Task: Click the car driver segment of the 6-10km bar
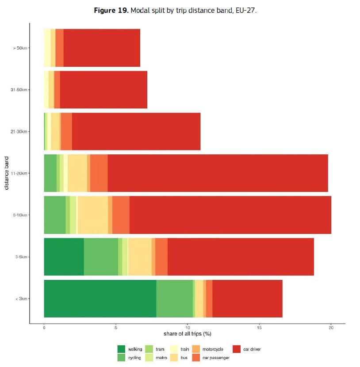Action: click(x=230, y=215)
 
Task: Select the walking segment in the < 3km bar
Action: click(x=100, y=298)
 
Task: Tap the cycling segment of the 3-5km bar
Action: click(x=101, y=257)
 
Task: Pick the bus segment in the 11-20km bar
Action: click(x=77, y=173)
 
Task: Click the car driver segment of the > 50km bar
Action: click(x=102, y=48)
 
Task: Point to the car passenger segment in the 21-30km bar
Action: click(x=66, y=132)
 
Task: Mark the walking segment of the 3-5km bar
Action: click(x=64, y=257)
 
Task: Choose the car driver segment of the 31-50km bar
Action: click(x=103, y=90)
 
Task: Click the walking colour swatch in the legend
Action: click(x=121, y=349)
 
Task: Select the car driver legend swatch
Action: click(x=236, y=349)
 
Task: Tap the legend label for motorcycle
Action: click(x=213, y=349)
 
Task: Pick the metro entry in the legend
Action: click(x=161, y=358)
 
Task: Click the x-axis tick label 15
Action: click(x=259, y=328)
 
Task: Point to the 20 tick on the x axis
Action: click(x=331, y=328)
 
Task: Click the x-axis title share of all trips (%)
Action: click(x=187, y=333)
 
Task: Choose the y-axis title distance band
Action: click(x=7, y=173)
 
